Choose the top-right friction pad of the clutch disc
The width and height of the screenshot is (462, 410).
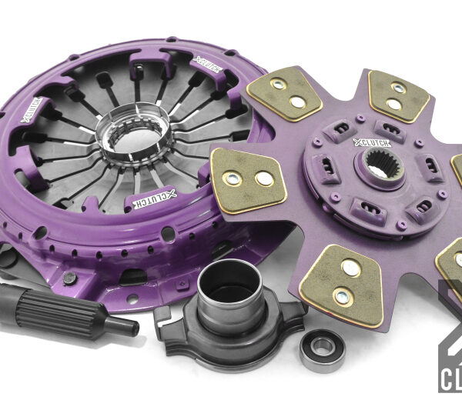397,95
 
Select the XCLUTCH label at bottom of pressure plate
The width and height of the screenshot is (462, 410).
139,200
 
